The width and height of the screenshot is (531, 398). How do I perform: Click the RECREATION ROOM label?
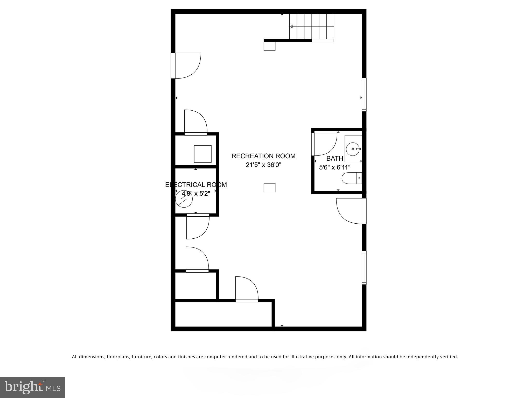(263, 156)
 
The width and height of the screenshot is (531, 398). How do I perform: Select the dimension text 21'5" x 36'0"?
(263, 165)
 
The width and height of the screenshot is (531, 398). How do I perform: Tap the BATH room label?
(335, 158)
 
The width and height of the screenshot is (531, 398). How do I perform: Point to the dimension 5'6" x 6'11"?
(335, 167)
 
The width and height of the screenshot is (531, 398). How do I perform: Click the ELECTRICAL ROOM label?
(196, 185)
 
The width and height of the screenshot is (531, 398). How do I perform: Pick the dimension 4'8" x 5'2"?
(196, 193)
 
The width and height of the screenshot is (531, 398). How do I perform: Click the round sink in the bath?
(353, 149)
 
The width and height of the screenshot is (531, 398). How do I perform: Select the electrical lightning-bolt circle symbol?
(184, 199)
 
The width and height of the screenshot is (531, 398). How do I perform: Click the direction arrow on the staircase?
(291, 26)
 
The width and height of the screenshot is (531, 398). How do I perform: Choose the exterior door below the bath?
(350, 211)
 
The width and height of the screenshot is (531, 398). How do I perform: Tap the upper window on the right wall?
(364, 95)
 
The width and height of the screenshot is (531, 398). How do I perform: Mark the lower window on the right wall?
(364, 268)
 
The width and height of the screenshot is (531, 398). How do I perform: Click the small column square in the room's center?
(269, 188)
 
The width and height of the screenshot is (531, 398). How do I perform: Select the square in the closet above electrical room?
(202, 154)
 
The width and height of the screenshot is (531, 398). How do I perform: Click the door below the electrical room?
(198, 227)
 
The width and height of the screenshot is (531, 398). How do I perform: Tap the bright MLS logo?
(32, 387)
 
